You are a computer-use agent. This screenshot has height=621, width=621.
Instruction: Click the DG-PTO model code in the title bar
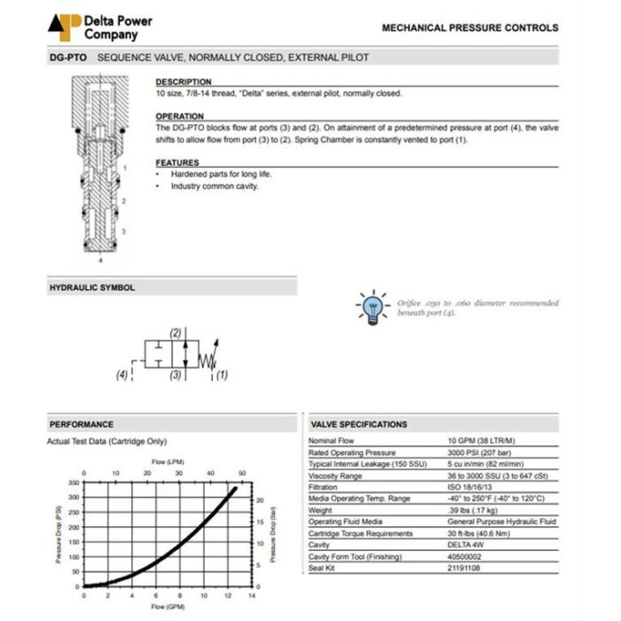(67, 58)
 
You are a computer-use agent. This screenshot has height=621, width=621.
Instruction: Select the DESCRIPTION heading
(184, 82)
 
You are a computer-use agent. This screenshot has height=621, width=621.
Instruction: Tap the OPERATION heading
(180, 116)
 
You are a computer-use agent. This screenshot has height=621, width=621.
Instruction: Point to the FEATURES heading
(177, 162)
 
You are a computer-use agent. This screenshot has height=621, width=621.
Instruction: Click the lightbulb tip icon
(373, 304)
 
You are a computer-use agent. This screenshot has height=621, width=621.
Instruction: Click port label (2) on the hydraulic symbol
(176, 333)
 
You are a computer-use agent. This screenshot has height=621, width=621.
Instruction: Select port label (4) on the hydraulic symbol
(122, 374)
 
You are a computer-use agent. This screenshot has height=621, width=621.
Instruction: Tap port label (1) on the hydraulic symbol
(222, 374)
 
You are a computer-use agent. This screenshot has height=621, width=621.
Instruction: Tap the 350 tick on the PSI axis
(74, 483)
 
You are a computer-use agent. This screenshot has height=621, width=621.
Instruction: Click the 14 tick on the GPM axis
(252, 595)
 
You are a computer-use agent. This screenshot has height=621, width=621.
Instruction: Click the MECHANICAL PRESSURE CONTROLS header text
(470, 28)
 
